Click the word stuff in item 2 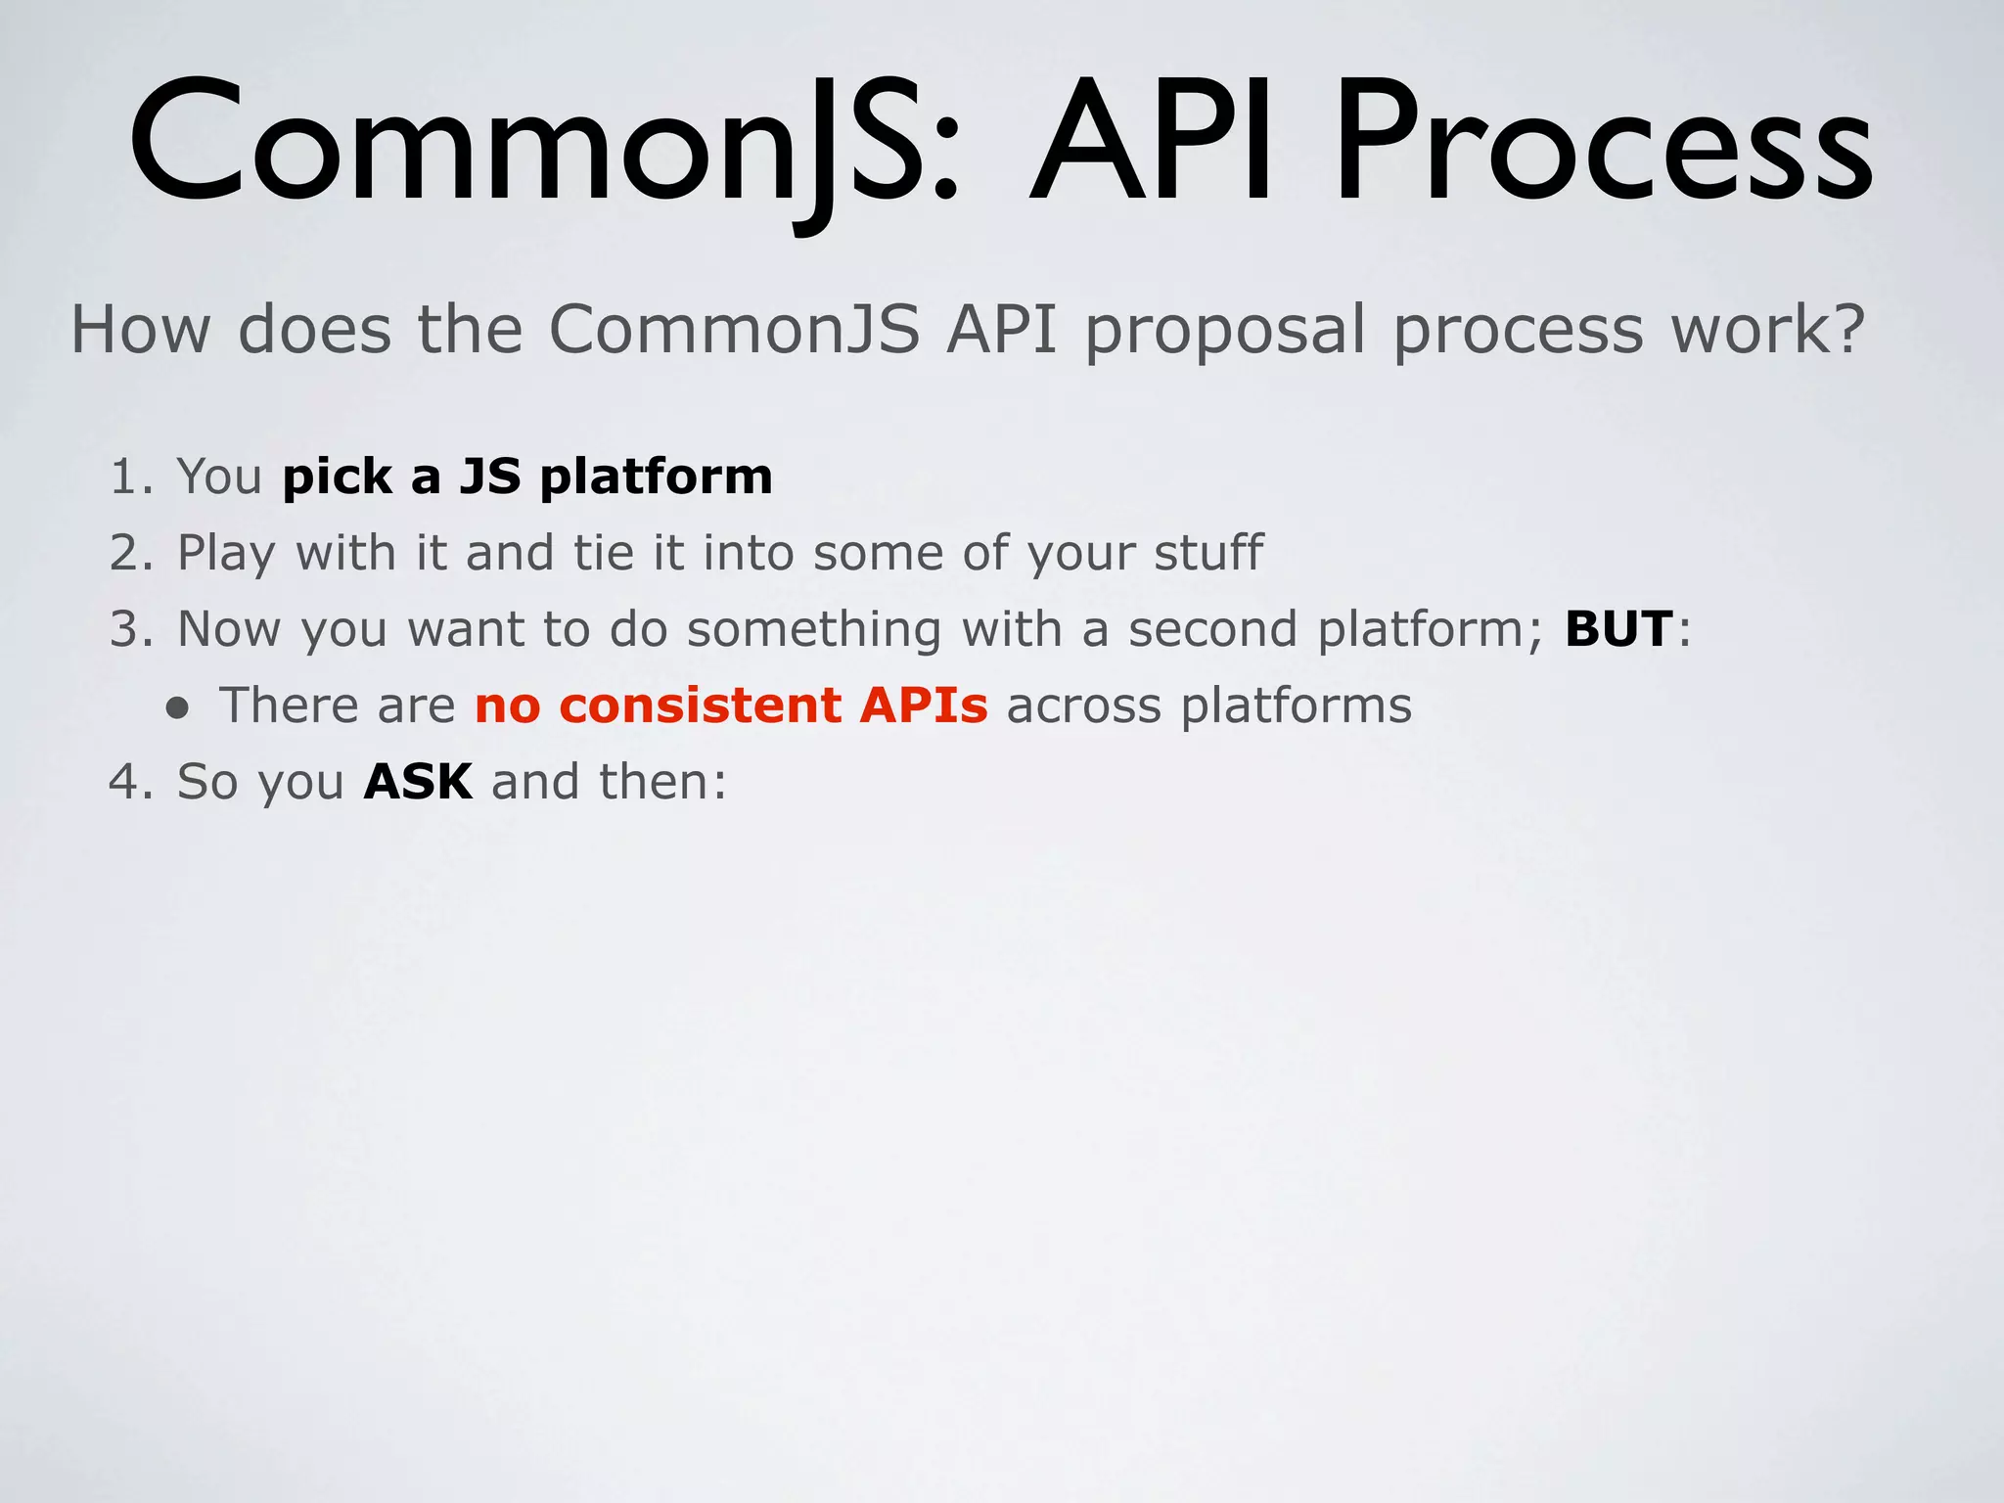[x=1208, y=553]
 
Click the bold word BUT [x=1618, y=629]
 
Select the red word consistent [x=701, y=706]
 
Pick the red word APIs [x=924, y=706]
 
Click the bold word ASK [x=418, y=782]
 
